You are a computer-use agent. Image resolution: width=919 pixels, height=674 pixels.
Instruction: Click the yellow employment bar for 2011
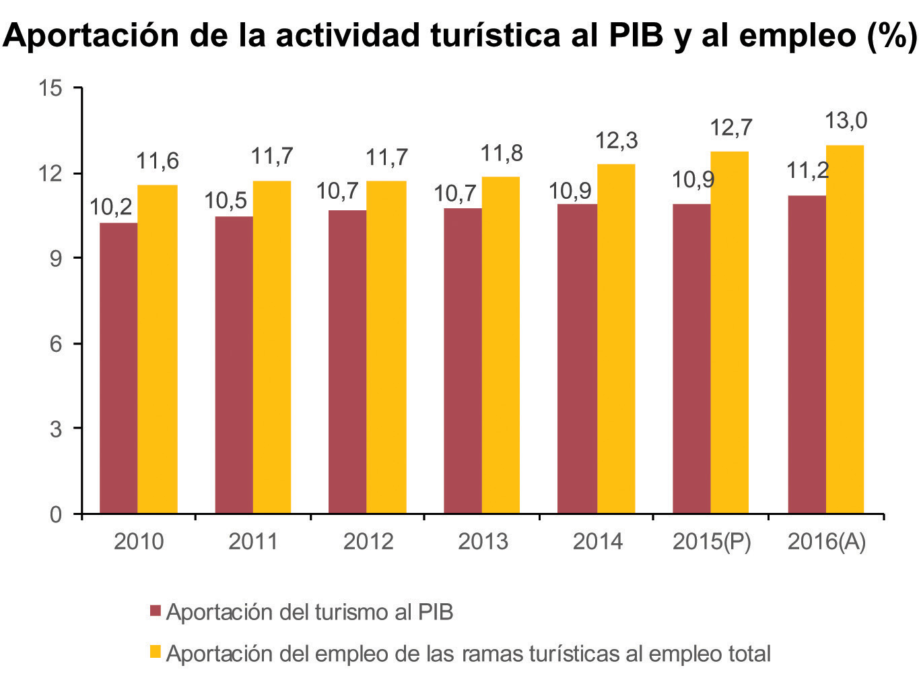(272, 347)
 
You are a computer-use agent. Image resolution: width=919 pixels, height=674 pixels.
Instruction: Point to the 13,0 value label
(846, 121)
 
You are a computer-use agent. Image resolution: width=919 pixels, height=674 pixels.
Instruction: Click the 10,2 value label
(111, 208)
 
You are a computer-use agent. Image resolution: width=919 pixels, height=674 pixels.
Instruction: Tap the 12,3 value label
(617, 141)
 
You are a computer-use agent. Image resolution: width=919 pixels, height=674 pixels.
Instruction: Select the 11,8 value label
(502, 154)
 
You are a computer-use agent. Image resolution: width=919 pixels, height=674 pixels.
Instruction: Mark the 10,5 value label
(226, 201)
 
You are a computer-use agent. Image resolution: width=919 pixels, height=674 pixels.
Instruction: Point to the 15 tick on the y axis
(51, 88)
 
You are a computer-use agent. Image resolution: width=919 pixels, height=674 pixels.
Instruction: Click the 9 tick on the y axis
(57, 258)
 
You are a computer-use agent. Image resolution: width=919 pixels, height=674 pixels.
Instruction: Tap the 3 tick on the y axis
(57, 429)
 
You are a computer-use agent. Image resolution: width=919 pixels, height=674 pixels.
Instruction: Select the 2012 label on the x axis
(368, 541)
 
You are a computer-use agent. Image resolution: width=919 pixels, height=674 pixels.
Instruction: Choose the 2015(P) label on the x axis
(712, 541)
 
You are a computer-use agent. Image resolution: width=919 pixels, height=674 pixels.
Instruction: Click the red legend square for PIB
(156, 611)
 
